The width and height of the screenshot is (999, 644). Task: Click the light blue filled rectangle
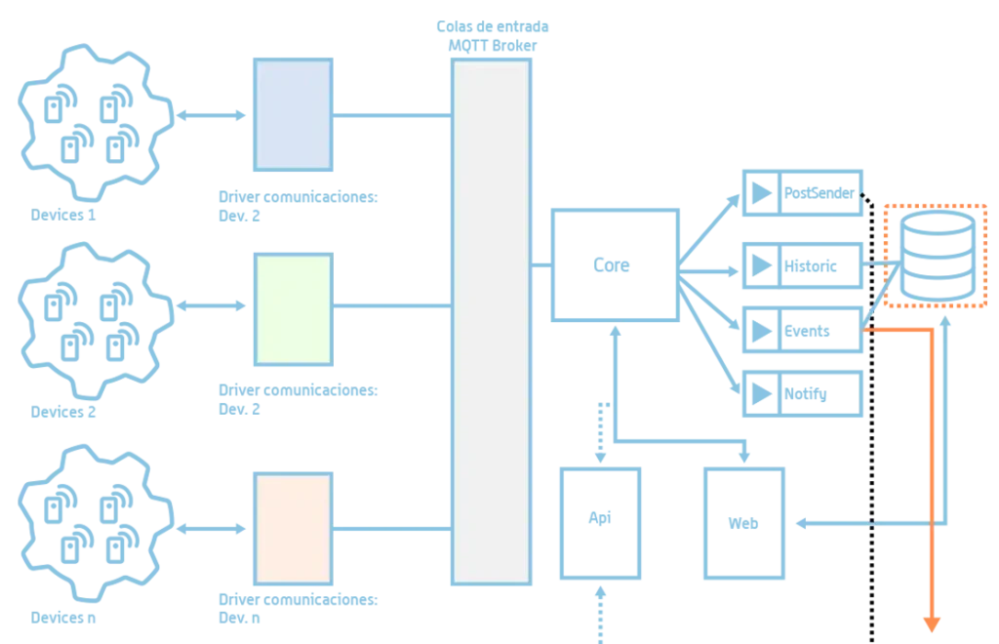[293, 115]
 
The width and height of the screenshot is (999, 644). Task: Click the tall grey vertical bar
[491, 322]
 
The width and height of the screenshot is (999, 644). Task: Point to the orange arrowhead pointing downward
[933, 627]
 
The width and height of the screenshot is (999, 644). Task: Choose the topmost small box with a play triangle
[804, 191]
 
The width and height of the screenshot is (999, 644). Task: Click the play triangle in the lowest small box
[759, 394]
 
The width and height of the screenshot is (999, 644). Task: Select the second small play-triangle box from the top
[804, 263]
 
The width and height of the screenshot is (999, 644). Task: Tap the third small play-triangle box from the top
[804, 330]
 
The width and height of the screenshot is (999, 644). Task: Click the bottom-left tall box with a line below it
[600, 522]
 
